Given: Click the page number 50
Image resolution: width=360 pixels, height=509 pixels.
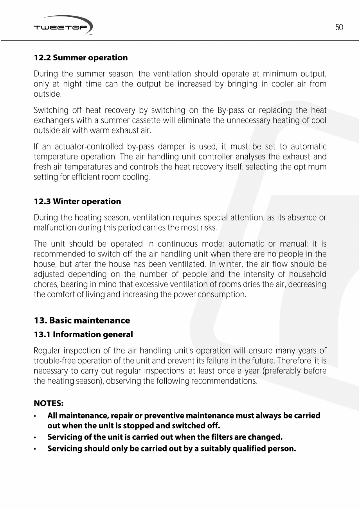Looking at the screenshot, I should point(339,27).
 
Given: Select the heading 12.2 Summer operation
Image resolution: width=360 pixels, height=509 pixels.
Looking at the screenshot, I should point(81,58).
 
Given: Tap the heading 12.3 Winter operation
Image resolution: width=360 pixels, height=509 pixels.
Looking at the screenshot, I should point(77,201).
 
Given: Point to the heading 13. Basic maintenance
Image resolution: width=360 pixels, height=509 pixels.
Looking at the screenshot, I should point(82,320).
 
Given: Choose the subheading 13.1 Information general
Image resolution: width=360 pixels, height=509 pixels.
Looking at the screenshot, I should point(83,334).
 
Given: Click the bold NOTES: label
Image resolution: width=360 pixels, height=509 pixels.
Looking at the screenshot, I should point(49,403).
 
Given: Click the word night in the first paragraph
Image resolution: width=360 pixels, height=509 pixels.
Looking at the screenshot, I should point(72,84).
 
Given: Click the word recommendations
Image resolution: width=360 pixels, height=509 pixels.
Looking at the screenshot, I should point(223,381).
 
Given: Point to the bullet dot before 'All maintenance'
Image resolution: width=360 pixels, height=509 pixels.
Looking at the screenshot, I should point(36,416).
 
